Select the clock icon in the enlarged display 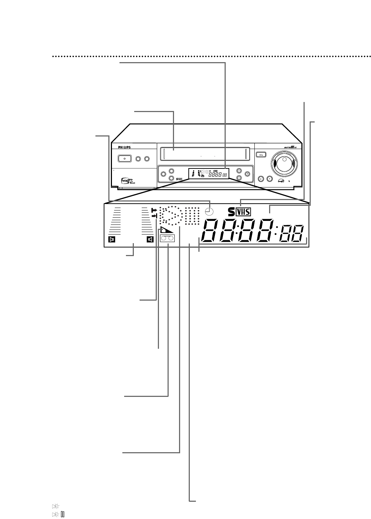click(211, 212)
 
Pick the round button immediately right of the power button click(138, 158)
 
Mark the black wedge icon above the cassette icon click(167, 231)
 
